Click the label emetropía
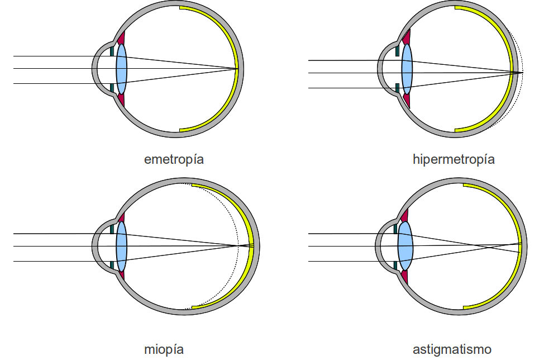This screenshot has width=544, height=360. point(174,159)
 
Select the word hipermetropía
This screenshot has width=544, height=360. point(454,159)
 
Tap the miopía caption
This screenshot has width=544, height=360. point(163,350)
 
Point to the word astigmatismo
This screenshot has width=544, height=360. point(452,350)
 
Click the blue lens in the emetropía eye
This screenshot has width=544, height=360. point(121,69)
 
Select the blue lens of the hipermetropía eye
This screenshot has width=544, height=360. point(407,69)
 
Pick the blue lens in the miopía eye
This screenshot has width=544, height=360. point(121,247)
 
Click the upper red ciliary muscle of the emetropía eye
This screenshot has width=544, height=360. point(121,39)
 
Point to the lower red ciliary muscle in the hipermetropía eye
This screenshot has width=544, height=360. point(407,101)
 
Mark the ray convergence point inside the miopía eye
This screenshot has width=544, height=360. point(239,245)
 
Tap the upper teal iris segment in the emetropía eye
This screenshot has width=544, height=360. point(113,51)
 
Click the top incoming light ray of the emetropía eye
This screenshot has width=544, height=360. point(56,56)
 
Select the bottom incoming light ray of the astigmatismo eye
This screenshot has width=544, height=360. point(346,261)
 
